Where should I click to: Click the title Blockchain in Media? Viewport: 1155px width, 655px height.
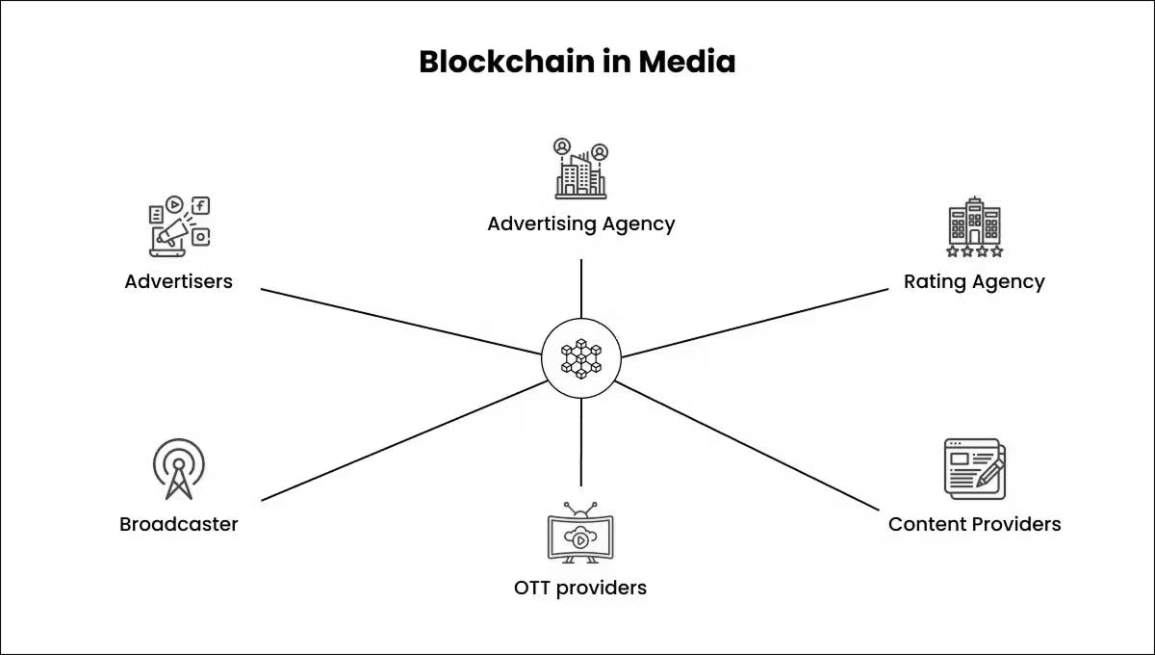577,62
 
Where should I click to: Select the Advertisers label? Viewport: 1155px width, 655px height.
179,282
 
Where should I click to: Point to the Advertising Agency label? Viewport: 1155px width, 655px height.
580,224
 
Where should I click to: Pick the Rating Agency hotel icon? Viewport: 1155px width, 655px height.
974,227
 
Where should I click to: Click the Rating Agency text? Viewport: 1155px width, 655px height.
974,282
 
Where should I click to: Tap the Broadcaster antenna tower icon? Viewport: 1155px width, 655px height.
179,469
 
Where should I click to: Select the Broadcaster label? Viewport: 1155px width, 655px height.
179,525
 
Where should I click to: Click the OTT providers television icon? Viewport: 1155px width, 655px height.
580,533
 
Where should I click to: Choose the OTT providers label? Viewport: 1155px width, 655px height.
580,588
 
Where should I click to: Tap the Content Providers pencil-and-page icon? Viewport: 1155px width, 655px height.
974,469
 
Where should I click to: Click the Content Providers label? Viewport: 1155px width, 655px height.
974,525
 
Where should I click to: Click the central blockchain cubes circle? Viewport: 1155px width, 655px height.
581,356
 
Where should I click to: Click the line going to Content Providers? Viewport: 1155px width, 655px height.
746,444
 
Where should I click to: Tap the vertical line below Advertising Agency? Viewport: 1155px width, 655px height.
581,287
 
